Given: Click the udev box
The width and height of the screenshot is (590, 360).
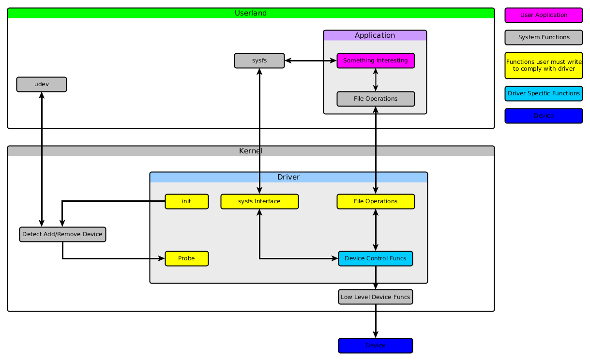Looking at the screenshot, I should [x=41, y=84].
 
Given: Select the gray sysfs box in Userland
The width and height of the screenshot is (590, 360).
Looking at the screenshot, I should [x=259, y=61].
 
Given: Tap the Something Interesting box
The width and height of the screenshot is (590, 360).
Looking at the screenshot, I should [x=376, y=61].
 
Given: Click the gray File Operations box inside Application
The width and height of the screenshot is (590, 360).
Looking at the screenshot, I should [x=376, y=99].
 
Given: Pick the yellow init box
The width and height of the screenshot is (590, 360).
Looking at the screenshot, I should [x=186, y=201].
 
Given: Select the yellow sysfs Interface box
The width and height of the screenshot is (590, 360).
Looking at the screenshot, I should [x=259, y=201].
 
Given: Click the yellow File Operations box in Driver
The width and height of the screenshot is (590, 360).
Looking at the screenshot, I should [x=376, y=201].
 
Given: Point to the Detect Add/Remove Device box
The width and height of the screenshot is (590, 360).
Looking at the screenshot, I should [x=62, y=234].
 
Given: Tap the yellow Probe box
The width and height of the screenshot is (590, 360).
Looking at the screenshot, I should [x=186, y=258].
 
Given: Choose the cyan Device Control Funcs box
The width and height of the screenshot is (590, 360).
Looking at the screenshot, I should [x=376, y=258].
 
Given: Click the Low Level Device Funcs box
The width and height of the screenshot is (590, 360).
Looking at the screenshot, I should [x=376, y=297].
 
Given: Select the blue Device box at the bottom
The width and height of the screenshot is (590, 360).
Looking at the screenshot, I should [x=376, y=345].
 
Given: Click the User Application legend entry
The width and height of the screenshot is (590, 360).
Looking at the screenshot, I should [x=544, y=15].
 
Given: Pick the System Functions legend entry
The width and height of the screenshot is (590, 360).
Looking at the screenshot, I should [x=544, y=37].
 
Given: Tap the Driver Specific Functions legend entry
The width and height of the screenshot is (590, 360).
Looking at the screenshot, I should [x=544, y=93].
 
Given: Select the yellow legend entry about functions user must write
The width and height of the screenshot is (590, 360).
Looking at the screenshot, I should [x=544, y=65].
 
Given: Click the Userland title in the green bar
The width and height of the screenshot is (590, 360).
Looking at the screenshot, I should [x=251, y=13].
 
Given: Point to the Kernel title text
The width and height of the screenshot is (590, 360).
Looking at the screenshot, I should [x=251, y=151].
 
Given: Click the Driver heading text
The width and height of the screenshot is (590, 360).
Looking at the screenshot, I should [x=288, y=177].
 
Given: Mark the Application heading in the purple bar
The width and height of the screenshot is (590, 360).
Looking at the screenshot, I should [x=375, y=35].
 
